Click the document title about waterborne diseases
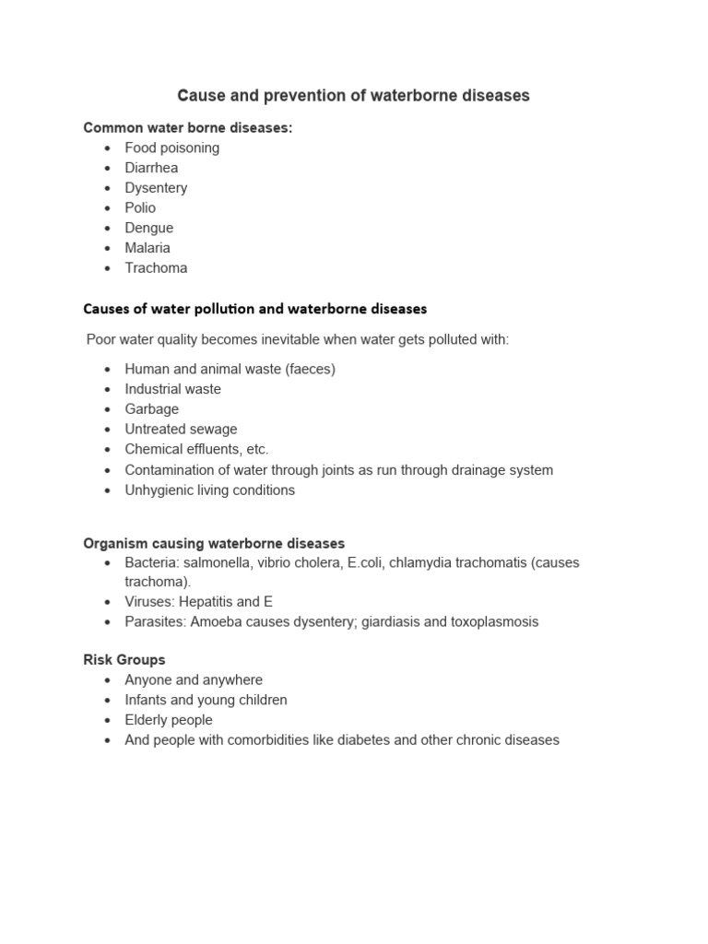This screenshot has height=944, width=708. (353, 95)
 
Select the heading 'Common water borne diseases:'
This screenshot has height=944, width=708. (188, 127)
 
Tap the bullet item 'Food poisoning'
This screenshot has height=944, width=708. (172, 147)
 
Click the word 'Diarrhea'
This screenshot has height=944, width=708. (151, 168)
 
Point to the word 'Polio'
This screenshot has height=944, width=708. (140, 207)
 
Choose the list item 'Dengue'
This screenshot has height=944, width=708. (148, 228)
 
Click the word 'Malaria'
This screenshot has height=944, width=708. (147, 248)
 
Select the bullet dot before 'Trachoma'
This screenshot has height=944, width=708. (108, 268)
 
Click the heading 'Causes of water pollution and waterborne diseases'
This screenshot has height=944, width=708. (255, 309)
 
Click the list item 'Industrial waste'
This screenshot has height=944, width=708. (173, 389)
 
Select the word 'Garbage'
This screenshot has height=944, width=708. (152, 409)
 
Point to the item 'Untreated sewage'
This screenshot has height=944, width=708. (181, 430)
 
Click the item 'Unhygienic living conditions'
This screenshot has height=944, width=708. (210, 490)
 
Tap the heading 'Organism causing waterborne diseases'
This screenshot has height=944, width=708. (214, 543)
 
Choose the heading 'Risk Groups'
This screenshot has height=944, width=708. (124, 660)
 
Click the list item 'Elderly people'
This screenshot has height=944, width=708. (169, 720)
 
